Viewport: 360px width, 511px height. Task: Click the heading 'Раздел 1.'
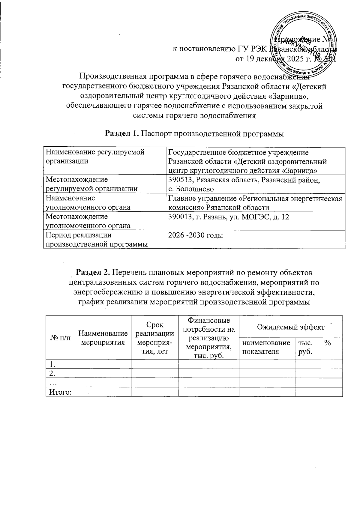[x=121, y=133]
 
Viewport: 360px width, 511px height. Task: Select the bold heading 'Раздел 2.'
[x=94, y=273]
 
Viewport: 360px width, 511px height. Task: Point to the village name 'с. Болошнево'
[x=191, y=189]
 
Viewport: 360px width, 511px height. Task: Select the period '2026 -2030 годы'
[x=196, y=235]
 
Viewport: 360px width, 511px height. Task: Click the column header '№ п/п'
[x=60, y=337]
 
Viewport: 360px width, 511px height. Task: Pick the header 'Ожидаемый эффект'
[x=290, y=327]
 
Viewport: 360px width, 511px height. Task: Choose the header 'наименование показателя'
[x=266, y=347]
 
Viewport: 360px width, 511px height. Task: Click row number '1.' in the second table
[x=52, y=364]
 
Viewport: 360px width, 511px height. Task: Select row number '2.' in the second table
[x=52, y=373]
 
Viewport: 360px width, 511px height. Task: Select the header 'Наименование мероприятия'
[x=103, y=337]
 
